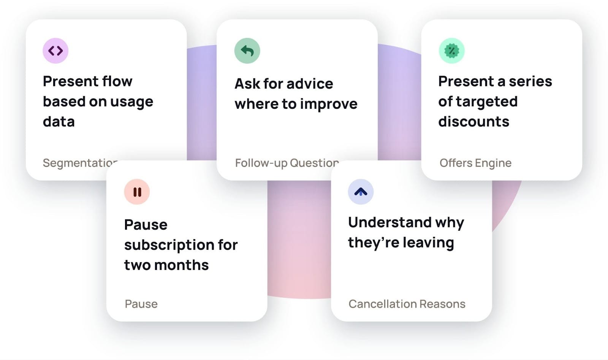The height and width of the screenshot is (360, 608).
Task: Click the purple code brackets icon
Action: (55, 51)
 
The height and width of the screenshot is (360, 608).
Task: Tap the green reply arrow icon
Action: (247, 51)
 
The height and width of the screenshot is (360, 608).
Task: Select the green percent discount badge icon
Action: (452, 51)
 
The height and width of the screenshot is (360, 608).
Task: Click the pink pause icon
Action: (137, 192)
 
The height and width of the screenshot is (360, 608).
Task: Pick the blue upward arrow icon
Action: (361, 192)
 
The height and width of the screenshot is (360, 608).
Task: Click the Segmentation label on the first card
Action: (80, 163)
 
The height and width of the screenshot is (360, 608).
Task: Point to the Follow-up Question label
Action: (287, 163)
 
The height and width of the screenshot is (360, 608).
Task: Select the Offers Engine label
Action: (475, 163)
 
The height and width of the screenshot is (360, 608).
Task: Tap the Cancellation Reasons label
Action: (407, 304)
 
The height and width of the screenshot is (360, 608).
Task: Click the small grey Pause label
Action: (141, 304)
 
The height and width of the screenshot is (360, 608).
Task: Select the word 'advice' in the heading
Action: (310, 83)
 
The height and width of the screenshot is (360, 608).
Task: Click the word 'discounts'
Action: (473, 121)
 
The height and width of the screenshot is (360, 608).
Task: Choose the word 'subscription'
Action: (169, 246)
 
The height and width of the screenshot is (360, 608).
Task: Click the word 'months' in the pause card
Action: (181, 265)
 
